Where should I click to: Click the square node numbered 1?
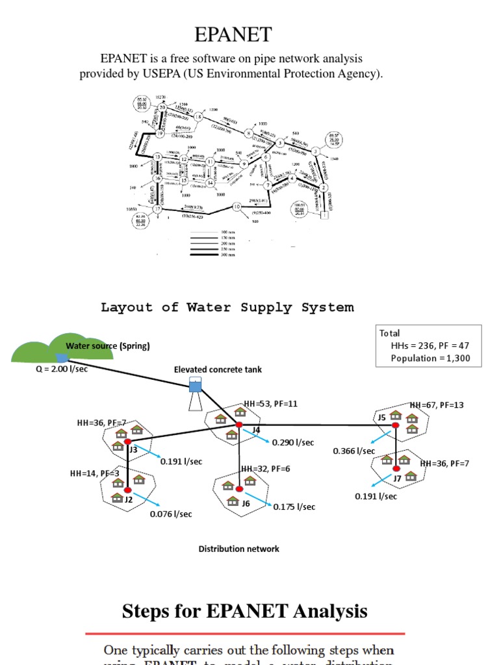coord(326,216)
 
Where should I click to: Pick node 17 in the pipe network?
coord(157,209)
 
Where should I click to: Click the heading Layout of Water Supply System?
coord(227,307)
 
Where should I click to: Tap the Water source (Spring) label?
coord(107,346)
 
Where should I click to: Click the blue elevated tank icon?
coord(195,386)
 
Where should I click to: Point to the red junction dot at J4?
coord(239,424)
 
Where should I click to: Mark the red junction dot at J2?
coord(129,490)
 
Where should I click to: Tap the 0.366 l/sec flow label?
coord(354,451)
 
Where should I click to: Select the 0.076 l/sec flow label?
coord(171,514)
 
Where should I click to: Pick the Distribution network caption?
coord(238,549)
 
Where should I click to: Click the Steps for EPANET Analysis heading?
coord(244,611)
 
